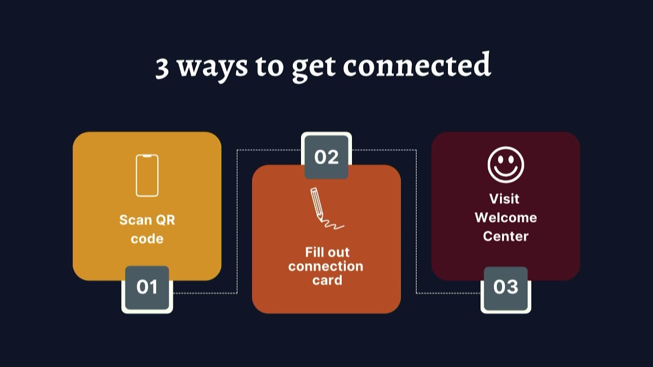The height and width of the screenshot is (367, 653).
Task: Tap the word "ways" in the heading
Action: [x=212, y=67]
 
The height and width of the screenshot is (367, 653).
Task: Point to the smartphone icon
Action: [x=147, y=175]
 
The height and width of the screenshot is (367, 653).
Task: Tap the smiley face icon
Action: [x=506, y=165]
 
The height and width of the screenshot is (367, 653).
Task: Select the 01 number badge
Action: [x=147, y=287]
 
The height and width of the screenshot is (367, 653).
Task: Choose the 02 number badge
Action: [x=326, y=156]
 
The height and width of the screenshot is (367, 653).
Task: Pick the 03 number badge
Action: [x=506, y=287]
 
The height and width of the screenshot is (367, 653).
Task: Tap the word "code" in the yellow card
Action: [x=147, y=239]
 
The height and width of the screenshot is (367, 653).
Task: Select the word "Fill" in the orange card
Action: [x=314, y=252]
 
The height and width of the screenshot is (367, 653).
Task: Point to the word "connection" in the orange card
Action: [x=325, y=266]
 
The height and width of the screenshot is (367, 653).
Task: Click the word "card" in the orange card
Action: [x=327, y=280]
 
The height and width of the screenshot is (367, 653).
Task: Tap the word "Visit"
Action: [x=504, y=198]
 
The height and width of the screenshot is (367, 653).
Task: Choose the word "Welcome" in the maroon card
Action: [x=506, y=218]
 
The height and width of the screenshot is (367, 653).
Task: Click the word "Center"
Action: [x=506, y=236]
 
